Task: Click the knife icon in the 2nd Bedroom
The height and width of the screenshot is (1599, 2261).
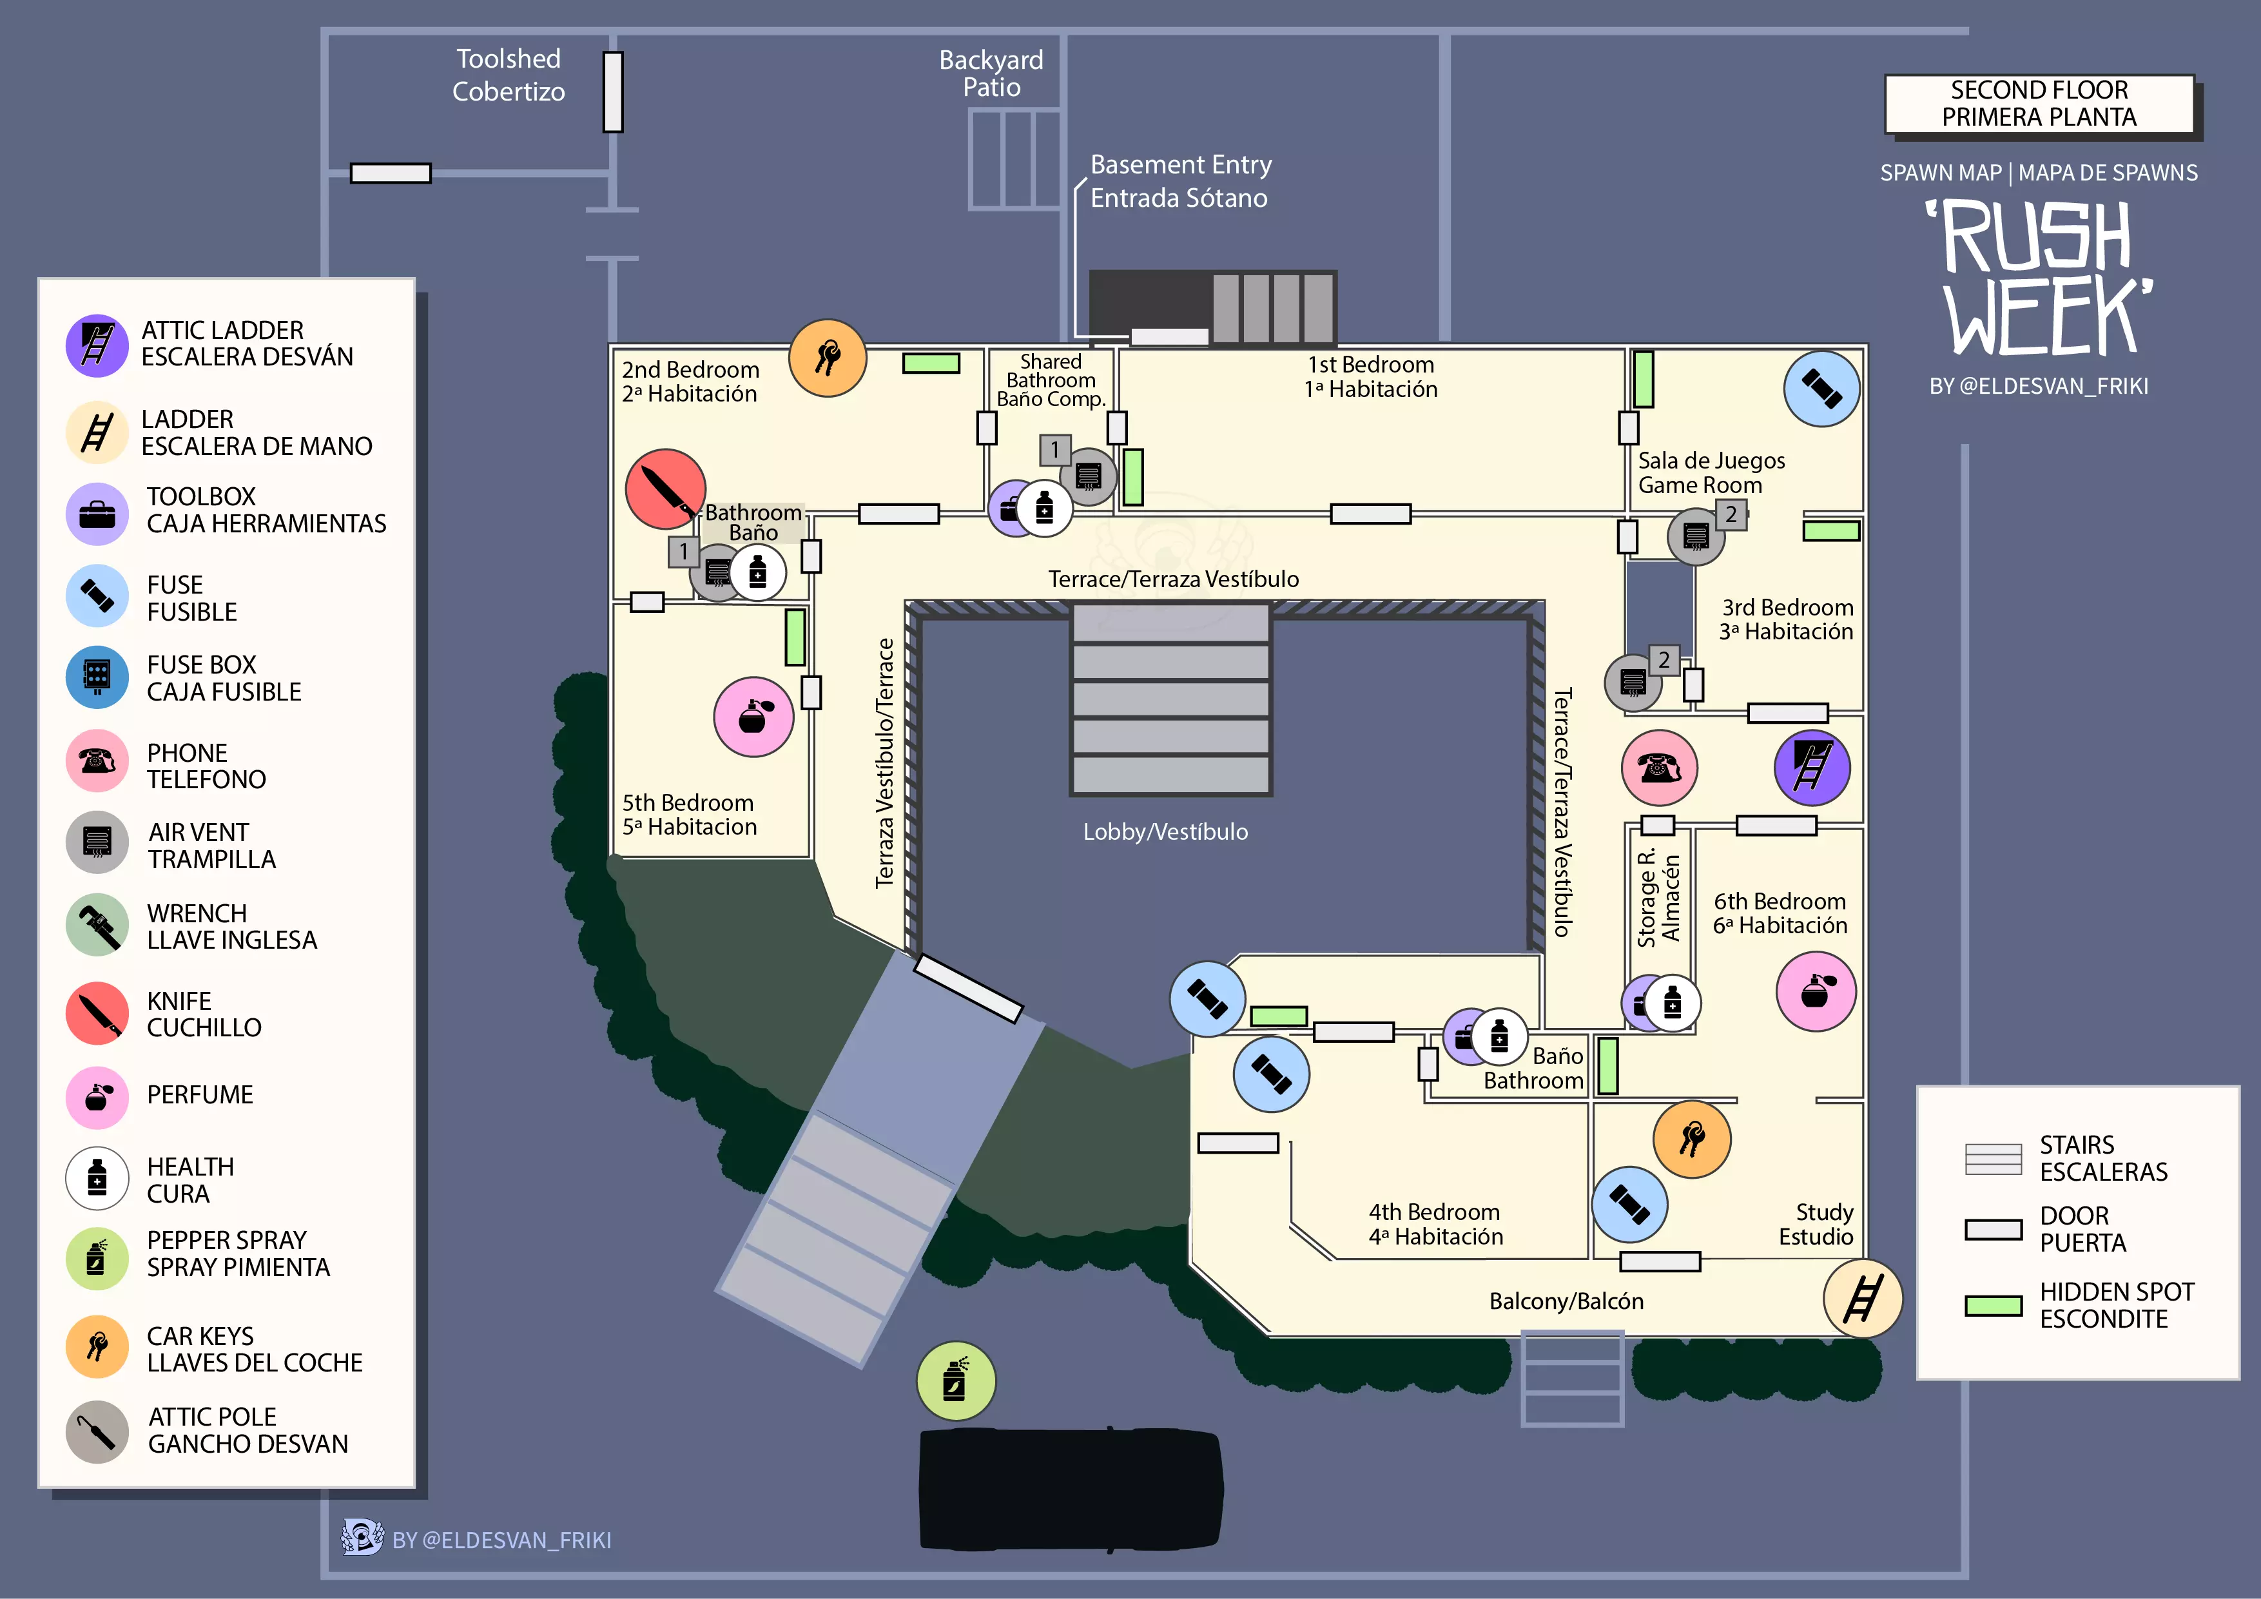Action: coord(666,489)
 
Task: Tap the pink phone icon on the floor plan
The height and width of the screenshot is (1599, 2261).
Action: coord(1659,767)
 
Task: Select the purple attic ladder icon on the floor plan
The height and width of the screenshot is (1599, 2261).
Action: coord(1812,767)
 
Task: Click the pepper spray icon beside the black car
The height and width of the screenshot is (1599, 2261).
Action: coord(955,1381)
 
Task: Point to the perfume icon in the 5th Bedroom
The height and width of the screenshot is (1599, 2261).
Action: coord(753,717)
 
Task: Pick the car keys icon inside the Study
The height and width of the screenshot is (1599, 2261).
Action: coord(1692,1139)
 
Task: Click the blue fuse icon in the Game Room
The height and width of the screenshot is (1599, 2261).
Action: coord(1822,389)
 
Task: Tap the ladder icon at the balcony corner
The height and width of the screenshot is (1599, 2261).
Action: coord(1862,1299)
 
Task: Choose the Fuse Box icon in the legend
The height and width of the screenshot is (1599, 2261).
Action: coord(97,677)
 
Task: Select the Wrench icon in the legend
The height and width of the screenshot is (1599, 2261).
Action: coord(97,925)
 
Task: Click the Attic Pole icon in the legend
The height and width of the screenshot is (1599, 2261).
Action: coord(97,1431)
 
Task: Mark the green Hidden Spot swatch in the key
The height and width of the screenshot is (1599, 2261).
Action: coord(1993,1306)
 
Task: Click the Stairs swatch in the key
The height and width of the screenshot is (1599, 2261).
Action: coord(1993,1159)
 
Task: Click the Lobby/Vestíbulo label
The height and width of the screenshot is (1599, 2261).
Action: coord(1165,832)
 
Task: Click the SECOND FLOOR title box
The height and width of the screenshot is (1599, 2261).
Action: coord(2039,103)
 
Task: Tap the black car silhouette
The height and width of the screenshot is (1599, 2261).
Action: coord(1071,1489)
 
